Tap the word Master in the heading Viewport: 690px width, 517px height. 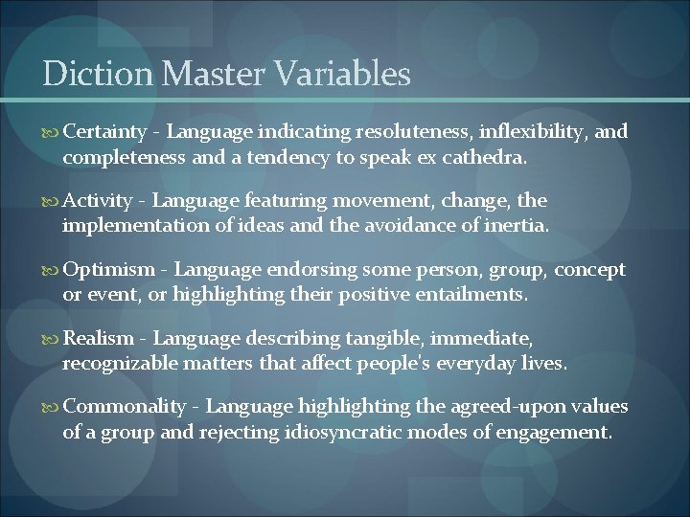202,74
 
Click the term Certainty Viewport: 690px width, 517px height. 104,132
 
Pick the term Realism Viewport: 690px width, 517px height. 98,339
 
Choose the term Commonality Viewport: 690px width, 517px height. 125,408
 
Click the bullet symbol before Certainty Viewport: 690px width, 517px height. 51,132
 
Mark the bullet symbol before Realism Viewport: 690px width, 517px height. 51,339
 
